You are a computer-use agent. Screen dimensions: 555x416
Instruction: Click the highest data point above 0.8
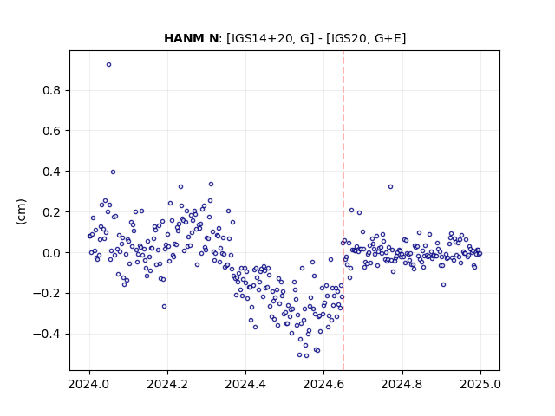pyautogui.click(x=108, y=65)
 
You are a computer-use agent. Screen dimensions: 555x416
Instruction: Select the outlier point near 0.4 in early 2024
pyautogui.click(x=113, y=172)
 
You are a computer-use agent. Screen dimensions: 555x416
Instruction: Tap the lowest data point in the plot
pyautogui.click(x=306, y=356)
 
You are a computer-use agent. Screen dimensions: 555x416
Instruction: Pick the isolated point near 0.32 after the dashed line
pyautogui.click(x=390, y=187)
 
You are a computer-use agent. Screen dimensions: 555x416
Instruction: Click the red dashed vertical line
pyautogui.click(x=343, y=211)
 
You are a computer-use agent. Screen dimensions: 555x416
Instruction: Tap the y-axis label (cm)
pyautogui.click(x=21, y=211)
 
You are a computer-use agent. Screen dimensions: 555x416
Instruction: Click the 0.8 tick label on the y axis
pyautogui.click(x=51, y=90)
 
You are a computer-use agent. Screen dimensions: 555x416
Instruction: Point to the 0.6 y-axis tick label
pyautogui.click(x=51, y=131)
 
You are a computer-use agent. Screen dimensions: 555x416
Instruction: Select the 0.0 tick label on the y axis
pyautogui.click(x=51, y=253)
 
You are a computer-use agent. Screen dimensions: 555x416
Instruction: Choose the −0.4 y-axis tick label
pyautogui.click(x=47, y=334)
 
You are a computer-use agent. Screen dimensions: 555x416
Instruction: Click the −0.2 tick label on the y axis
pyautogui.click(x=47, y=293)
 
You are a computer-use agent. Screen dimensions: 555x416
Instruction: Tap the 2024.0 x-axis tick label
pyautogui.click(x=88, y=384)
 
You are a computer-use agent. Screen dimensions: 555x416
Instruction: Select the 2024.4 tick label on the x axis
pyautogui.click(x=245, y=384)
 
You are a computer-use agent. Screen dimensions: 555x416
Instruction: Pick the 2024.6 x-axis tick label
pyautogui.click(x=323, y=384)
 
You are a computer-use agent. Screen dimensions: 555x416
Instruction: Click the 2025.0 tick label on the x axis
pyautogui.click(x=480, y=384)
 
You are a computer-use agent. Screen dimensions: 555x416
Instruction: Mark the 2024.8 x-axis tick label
pyautogui.click(x=402, y=384)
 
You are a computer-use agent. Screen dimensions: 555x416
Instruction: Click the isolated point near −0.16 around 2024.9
pyautogui.click(x=443, y=285)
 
